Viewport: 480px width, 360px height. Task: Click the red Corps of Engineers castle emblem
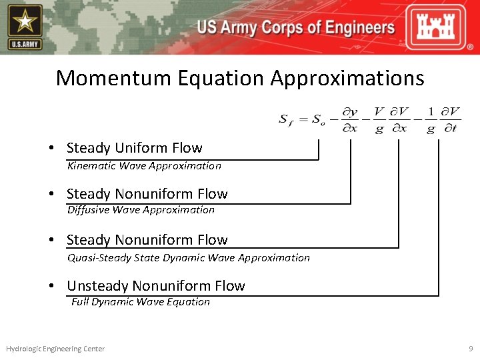coord(441,27)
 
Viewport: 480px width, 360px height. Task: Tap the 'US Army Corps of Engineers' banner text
coord(295,28)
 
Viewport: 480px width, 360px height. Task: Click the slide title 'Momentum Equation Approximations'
coord(240,78)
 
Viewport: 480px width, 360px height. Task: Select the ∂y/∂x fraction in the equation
coord(350,119)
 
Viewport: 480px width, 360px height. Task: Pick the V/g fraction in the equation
coord(379,119)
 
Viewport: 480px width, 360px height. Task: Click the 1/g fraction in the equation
coord(431,119)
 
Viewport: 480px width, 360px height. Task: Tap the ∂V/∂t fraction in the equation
coord(452,119)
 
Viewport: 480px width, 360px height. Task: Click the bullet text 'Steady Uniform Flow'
coord(134,148)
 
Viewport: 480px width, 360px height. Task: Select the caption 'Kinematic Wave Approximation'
coord(144,166)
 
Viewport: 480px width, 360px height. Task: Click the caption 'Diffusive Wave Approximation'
coord(141,210)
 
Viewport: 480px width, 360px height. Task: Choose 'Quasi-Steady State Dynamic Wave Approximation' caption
coord(189,257)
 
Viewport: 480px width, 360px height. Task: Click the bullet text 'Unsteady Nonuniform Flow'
coord(156,286)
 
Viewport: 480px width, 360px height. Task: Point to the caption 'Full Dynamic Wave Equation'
coord(141,302)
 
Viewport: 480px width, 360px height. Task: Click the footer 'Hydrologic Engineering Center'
coord(55,349)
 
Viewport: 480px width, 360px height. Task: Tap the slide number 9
coord(470,349)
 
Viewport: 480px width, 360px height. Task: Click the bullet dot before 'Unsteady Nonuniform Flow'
coord(51,286)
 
